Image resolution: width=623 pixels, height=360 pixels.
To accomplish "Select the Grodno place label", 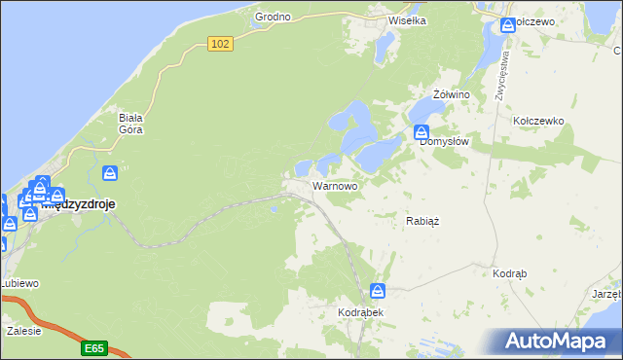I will coord(273,18).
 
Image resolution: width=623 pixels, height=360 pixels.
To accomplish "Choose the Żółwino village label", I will coord(451,93).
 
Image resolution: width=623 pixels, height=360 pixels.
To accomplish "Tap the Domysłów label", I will coord(445,141).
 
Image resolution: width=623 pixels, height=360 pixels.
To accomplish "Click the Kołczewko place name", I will coord(538,121).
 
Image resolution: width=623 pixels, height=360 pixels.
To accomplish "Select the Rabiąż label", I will coord(422,221).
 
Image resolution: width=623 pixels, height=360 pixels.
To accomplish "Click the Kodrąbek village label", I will coord(361,312).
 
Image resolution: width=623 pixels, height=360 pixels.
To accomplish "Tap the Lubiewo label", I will coord(18,283).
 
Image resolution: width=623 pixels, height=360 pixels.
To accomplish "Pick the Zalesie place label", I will coord(23,331).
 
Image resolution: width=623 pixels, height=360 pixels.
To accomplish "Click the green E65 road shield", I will coord(94,347).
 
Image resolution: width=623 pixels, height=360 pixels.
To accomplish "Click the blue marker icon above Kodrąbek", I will coord(378,291).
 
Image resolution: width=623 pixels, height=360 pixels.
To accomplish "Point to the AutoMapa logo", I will coord(560,342).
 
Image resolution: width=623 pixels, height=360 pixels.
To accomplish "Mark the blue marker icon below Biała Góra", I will coord(111,173).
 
